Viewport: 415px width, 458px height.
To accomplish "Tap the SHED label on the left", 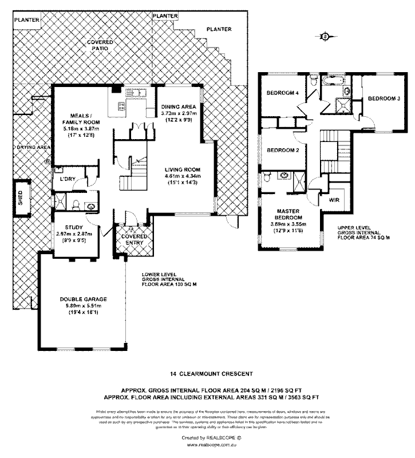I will pyautogui.click(x=20, y=198).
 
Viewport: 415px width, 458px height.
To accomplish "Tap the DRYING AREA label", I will pyautogui.click(x=34, y=147).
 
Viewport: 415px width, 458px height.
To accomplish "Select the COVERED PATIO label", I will pyautogui.click(x=100, y=46).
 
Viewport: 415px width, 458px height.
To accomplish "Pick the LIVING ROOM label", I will pyautogui.click(x=183, y=169).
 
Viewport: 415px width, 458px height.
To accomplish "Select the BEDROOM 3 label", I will pyautogui.click(x=383, y=98).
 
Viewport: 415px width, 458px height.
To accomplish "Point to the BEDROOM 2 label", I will pyautogui.click(x=284, y=150).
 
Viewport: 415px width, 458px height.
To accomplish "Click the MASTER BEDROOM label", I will pyautogui.click(x=287, y=214).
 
